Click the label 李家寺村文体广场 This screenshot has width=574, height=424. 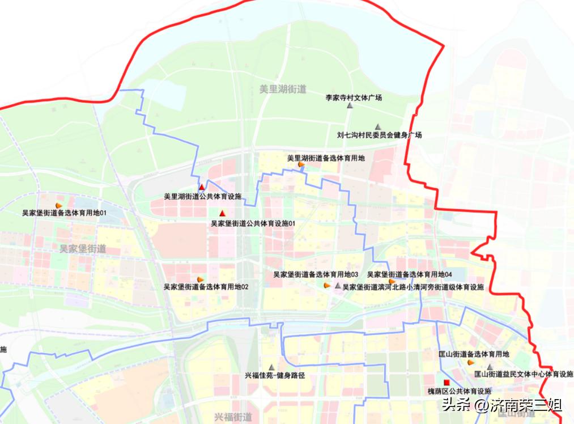point(353,97)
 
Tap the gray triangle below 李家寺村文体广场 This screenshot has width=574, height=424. point(351,106)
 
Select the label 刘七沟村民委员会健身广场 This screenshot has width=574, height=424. point(379,135)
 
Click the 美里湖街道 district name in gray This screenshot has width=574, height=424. point(283,89)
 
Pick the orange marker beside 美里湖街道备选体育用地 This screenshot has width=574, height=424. point(301,165)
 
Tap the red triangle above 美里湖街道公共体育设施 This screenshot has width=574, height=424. point(201,187)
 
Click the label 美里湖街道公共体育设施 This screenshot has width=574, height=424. point(202,197)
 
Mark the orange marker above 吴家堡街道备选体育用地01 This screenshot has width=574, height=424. point(58,205)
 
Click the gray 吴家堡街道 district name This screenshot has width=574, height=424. point(83,249)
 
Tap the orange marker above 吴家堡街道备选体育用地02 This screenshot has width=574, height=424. point(201,279)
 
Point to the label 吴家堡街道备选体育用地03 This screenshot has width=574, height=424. point(316,274)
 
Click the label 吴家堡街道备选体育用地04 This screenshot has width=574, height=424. point(409,274)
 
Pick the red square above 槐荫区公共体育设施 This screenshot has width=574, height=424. point(447,383)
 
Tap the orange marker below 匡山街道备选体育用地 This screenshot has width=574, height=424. point(470,362)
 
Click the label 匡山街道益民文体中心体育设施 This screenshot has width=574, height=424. point(524,374)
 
